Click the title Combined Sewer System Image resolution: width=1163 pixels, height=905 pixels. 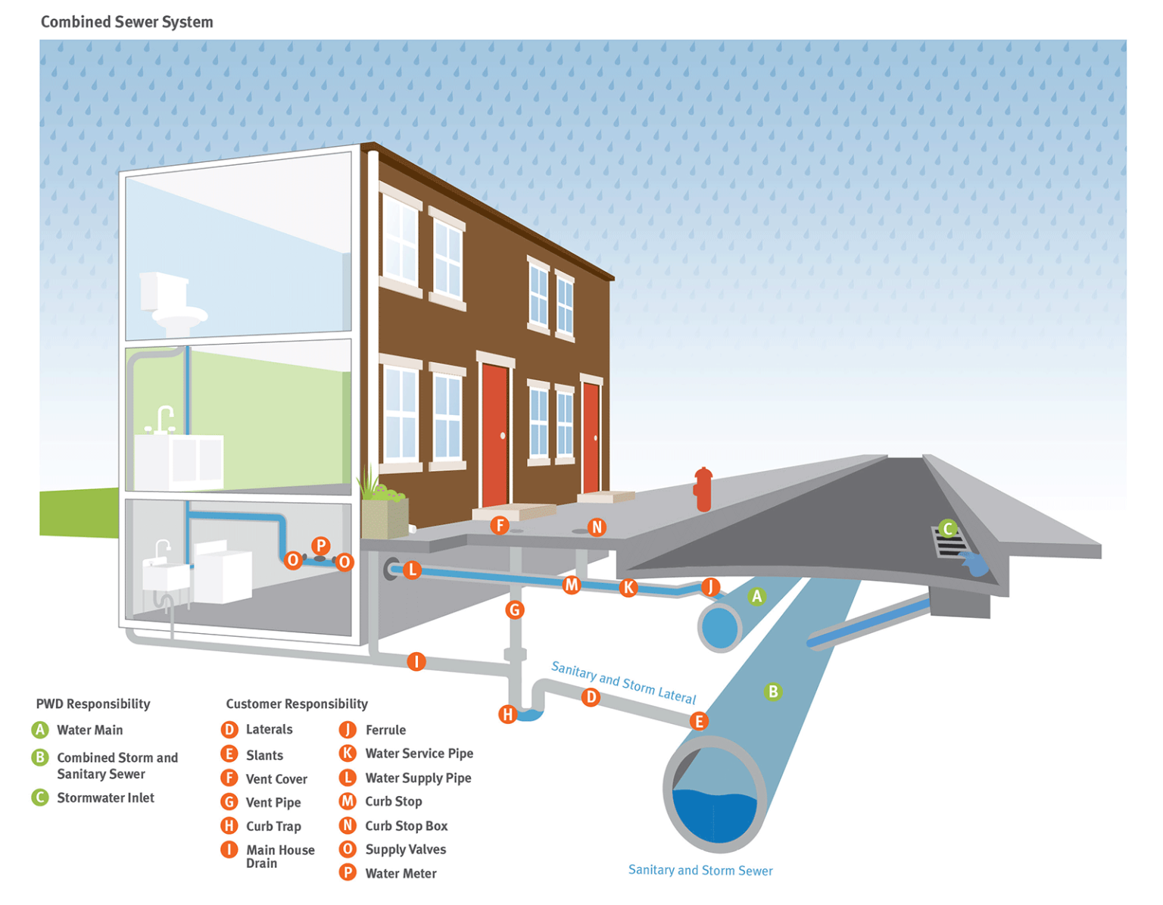[x=126, y=22]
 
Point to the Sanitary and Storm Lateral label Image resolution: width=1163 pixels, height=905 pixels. [x=622, y=682]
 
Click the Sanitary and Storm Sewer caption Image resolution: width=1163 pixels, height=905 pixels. [x=700, y=870]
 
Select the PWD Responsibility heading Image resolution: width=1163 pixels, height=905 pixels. [x=93, y=704]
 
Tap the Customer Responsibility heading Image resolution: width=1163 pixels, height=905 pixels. [x=297, y=704]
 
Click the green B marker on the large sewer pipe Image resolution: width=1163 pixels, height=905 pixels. [x=772, y=691]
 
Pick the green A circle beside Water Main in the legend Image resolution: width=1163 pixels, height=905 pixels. [x=39, y=730]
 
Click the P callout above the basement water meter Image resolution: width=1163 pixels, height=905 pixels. [x=321, y=545]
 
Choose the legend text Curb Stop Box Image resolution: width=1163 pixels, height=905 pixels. [x=406, y=825]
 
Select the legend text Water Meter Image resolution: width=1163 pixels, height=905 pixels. [x=401, y=873]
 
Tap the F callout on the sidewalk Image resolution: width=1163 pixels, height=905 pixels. [x=499, y=525]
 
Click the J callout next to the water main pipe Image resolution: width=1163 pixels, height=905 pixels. [x=710, y=585]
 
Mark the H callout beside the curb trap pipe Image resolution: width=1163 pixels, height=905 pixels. [x=507, y=713]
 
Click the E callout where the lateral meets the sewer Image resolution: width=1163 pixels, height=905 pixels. [x=699, y=721]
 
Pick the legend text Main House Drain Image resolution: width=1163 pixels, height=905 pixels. [x=279, y=856]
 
